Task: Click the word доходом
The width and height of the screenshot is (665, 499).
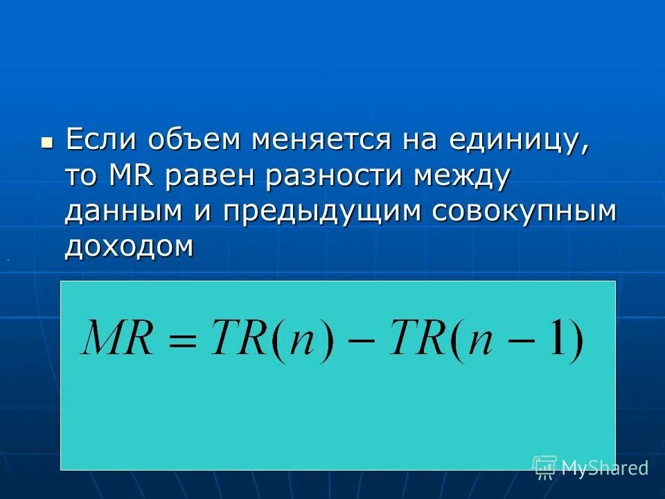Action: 129,247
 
